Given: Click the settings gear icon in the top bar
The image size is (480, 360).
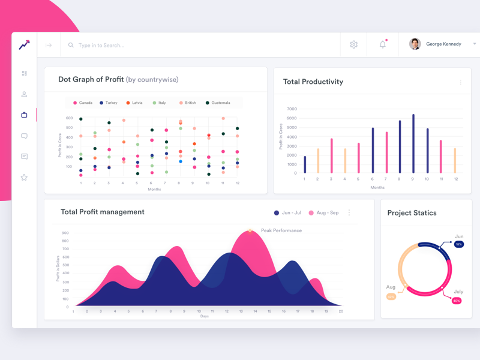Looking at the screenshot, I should [x=353, y=44].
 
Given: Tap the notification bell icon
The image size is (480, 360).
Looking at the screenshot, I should [x=383, y=44].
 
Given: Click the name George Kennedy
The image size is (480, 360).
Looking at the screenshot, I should [x=443, y=44].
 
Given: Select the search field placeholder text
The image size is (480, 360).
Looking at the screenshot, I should [x=101, y=46].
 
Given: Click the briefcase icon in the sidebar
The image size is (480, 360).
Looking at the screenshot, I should [x=24, y=115].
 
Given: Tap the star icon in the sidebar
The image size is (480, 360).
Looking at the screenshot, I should [x=24, y=178].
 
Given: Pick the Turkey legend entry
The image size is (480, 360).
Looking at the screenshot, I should [x=109, y=103].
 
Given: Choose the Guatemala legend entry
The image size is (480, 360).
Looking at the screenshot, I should [x=218, y=103].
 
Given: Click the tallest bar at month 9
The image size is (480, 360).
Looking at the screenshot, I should [x=413, y=144].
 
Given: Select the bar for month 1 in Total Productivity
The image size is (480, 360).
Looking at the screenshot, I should [x=305, y=164].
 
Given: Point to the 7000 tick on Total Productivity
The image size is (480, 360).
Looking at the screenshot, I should [x=292, y=109].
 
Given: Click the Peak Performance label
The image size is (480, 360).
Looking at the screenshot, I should [x=281, y=230].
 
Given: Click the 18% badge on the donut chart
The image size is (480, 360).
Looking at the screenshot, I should [x=458, y=245].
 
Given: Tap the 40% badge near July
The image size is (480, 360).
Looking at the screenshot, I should [x=457, y=301].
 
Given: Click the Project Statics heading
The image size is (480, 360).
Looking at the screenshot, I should [x=412, y=213].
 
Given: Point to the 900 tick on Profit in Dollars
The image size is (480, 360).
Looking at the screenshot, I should [x=65, y=233].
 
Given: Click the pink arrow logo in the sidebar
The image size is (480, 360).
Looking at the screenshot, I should [x=24, y=45].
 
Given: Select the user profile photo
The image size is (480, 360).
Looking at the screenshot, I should [x=415, y=44].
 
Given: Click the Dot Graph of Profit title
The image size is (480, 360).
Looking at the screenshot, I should [x=91, y=79].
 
